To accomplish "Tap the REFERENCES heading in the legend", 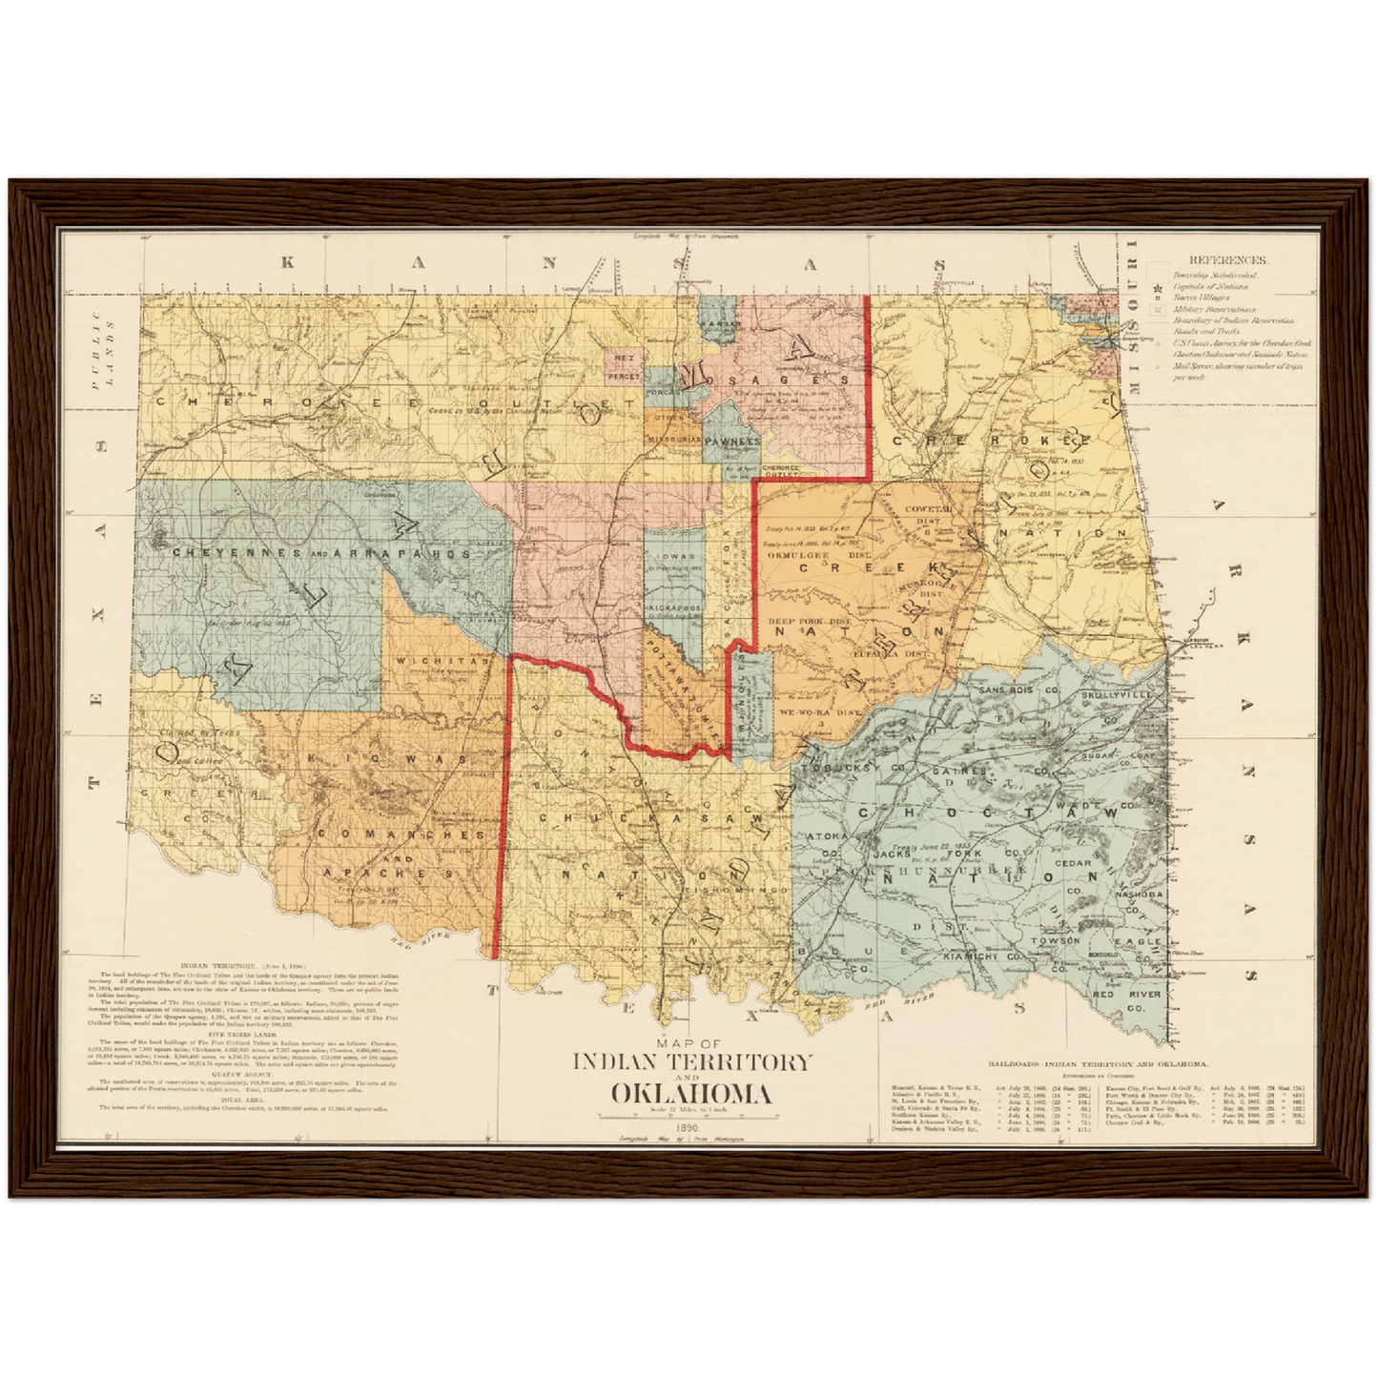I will click(1227, 259).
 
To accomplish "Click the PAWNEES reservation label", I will click(732, 442).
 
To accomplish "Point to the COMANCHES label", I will click(401, 833).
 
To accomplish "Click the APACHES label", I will click(387, 873).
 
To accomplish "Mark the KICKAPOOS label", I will click(674, 607).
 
